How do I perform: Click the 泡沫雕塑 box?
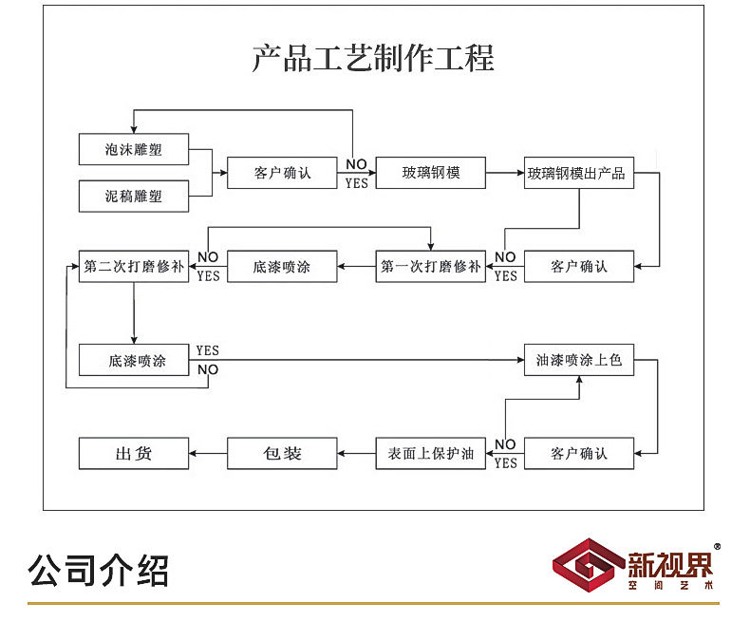pos(133,149)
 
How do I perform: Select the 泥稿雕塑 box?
pos(133,197)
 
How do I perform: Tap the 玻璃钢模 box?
pos(431,173)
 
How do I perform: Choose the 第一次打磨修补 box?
pos(431,267)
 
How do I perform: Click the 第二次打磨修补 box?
pos(133,267)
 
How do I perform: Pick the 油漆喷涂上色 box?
pos(579,361)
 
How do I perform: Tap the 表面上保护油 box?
pos(431,454)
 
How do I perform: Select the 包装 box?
pos(282,454)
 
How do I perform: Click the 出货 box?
pos(133,454)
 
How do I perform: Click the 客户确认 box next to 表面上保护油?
pos(579,454)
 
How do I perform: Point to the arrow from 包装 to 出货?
pos(208,454)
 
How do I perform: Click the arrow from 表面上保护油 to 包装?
pos(357,454)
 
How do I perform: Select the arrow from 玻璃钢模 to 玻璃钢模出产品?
pos(505,173)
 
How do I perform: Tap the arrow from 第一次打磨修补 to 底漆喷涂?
pos(357,267)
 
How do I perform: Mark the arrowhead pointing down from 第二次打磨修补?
pos(134,337)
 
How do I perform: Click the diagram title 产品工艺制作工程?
pos(373,58)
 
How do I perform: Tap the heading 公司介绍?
pos(99,570)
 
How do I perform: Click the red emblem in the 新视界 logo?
pos(588,569)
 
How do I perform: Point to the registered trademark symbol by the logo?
pos(717,547)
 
